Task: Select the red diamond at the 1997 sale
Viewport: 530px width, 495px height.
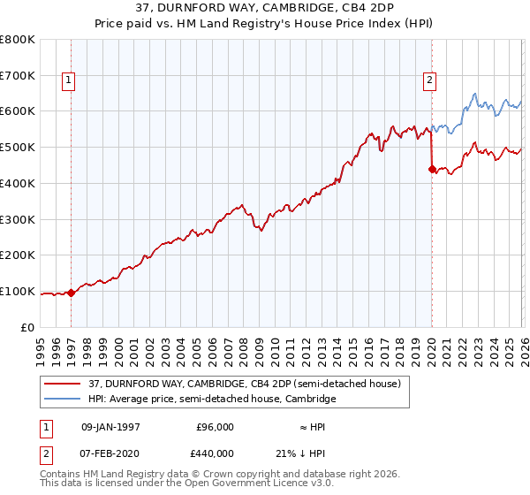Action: click(72, 293)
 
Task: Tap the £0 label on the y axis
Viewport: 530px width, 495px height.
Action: click(28, 327)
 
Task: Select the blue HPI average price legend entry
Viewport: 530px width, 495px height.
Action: click(212, 399)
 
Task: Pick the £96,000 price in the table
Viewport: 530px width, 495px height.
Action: click(214, 427)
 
